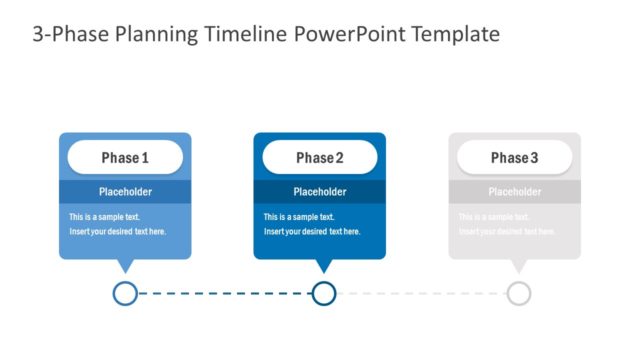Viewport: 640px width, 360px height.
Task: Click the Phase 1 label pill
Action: click(x=125, y=158)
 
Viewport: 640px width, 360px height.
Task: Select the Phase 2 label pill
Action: click(x=320, y=158)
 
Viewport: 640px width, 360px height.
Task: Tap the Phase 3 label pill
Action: click(x=514, y=158)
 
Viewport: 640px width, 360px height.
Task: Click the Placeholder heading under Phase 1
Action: click(x=125, y=192)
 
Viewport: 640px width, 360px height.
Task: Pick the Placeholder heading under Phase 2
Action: click(x=320, y=192)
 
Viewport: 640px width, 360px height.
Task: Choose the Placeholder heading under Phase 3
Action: click(x=514, y=192)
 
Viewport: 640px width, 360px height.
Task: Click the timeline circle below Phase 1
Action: click(x=125, y=293)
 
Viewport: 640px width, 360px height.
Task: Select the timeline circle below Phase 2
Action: click(x=323, y=293)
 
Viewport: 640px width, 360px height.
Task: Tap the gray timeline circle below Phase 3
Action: click(x=518, y=293)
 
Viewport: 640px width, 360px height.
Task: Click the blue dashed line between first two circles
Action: click(x=224, y=293)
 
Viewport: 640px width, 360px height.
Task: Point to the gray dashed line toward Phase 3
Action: click(x=420, y=293)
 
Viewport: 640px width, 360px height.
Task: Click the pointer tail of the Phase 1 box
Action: click(x=125, y=266)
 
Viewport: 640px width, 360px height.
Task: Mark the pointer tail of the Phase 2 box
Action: click(x=323, y=266)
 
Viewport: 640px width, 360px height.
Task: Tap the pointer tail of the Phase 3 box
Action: click(x=518, y=266)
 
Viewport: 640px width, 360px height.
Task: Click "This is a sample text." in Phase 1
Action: click(x=104, y=217)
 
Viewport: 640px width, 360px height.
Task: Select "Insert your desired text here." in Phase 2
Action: click(x=312, y=232)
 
